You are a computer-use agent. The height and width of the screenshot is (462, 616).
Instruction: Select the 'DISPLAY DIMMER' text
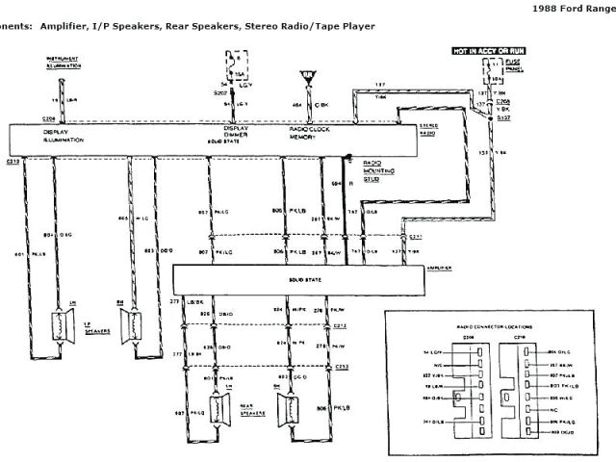pyautogui.click(x=238, y=131)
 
